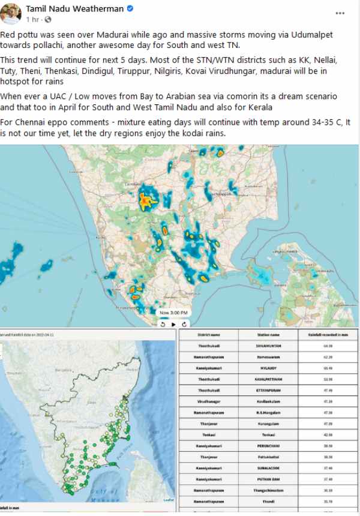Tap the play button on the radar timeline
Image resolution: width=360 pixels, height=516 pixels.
coord(174,324)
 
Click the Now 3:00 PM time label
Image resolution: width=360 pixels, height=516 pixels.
coord(173,313)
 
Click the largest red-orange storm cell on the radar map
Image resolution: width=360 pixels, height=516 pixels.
coord(146,202)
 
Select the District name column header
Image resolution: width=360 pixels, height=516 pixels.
coord(209,335)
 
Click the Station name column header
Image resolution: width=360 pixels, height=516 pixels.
coord(267,335)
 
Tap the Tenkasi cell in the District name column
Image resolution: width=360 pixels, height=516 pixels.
coord(209,434)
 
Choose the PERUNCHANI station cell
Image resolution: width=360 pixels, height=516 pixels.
coord(267,446)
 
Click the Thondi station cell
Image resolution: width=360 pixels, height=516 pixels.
coord(267,501)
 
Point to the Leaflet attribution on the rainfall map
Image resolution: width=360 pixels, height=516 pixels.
coord(169,499)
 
